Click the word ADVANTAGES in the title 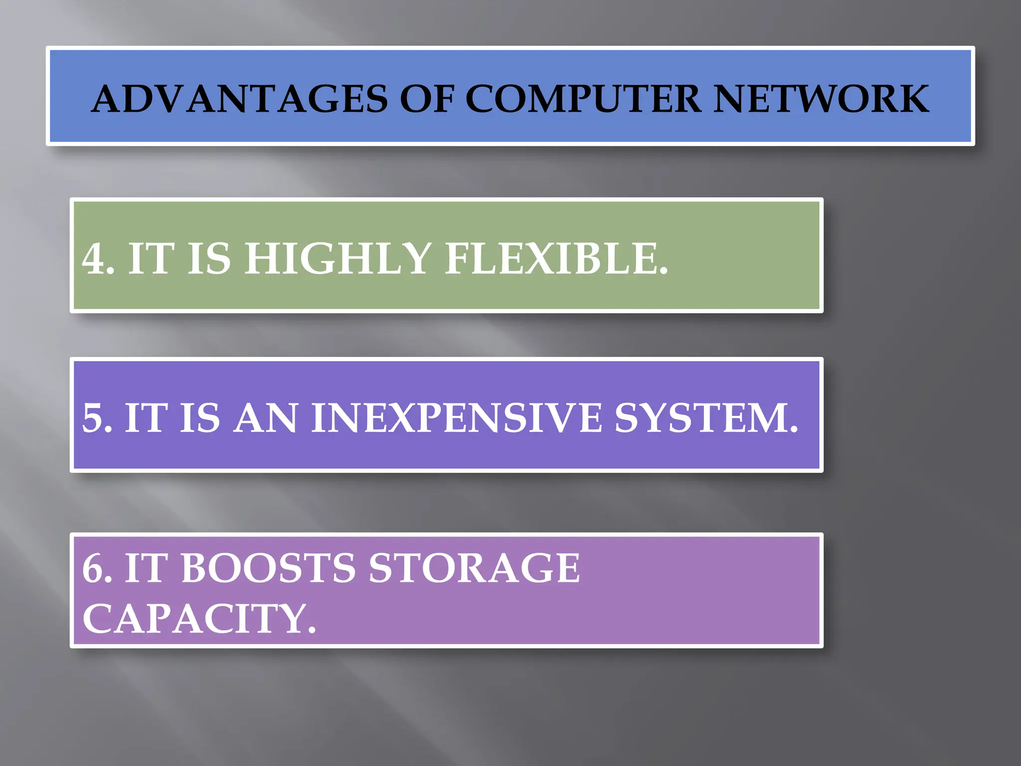(x=239, y=99)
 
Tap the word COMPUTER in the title (x=583, y=99)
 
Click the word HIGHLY (x=338, y=259)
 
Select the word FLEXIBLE (x=551, y=259)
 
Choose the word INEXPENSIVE (x=456, y=418)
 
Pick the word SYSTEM (x=700, y=418)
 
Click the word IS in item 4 (x=209, y=259)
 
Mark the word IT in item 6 (x=145, y=569)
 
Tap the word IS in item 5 (x=200, y=418)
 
